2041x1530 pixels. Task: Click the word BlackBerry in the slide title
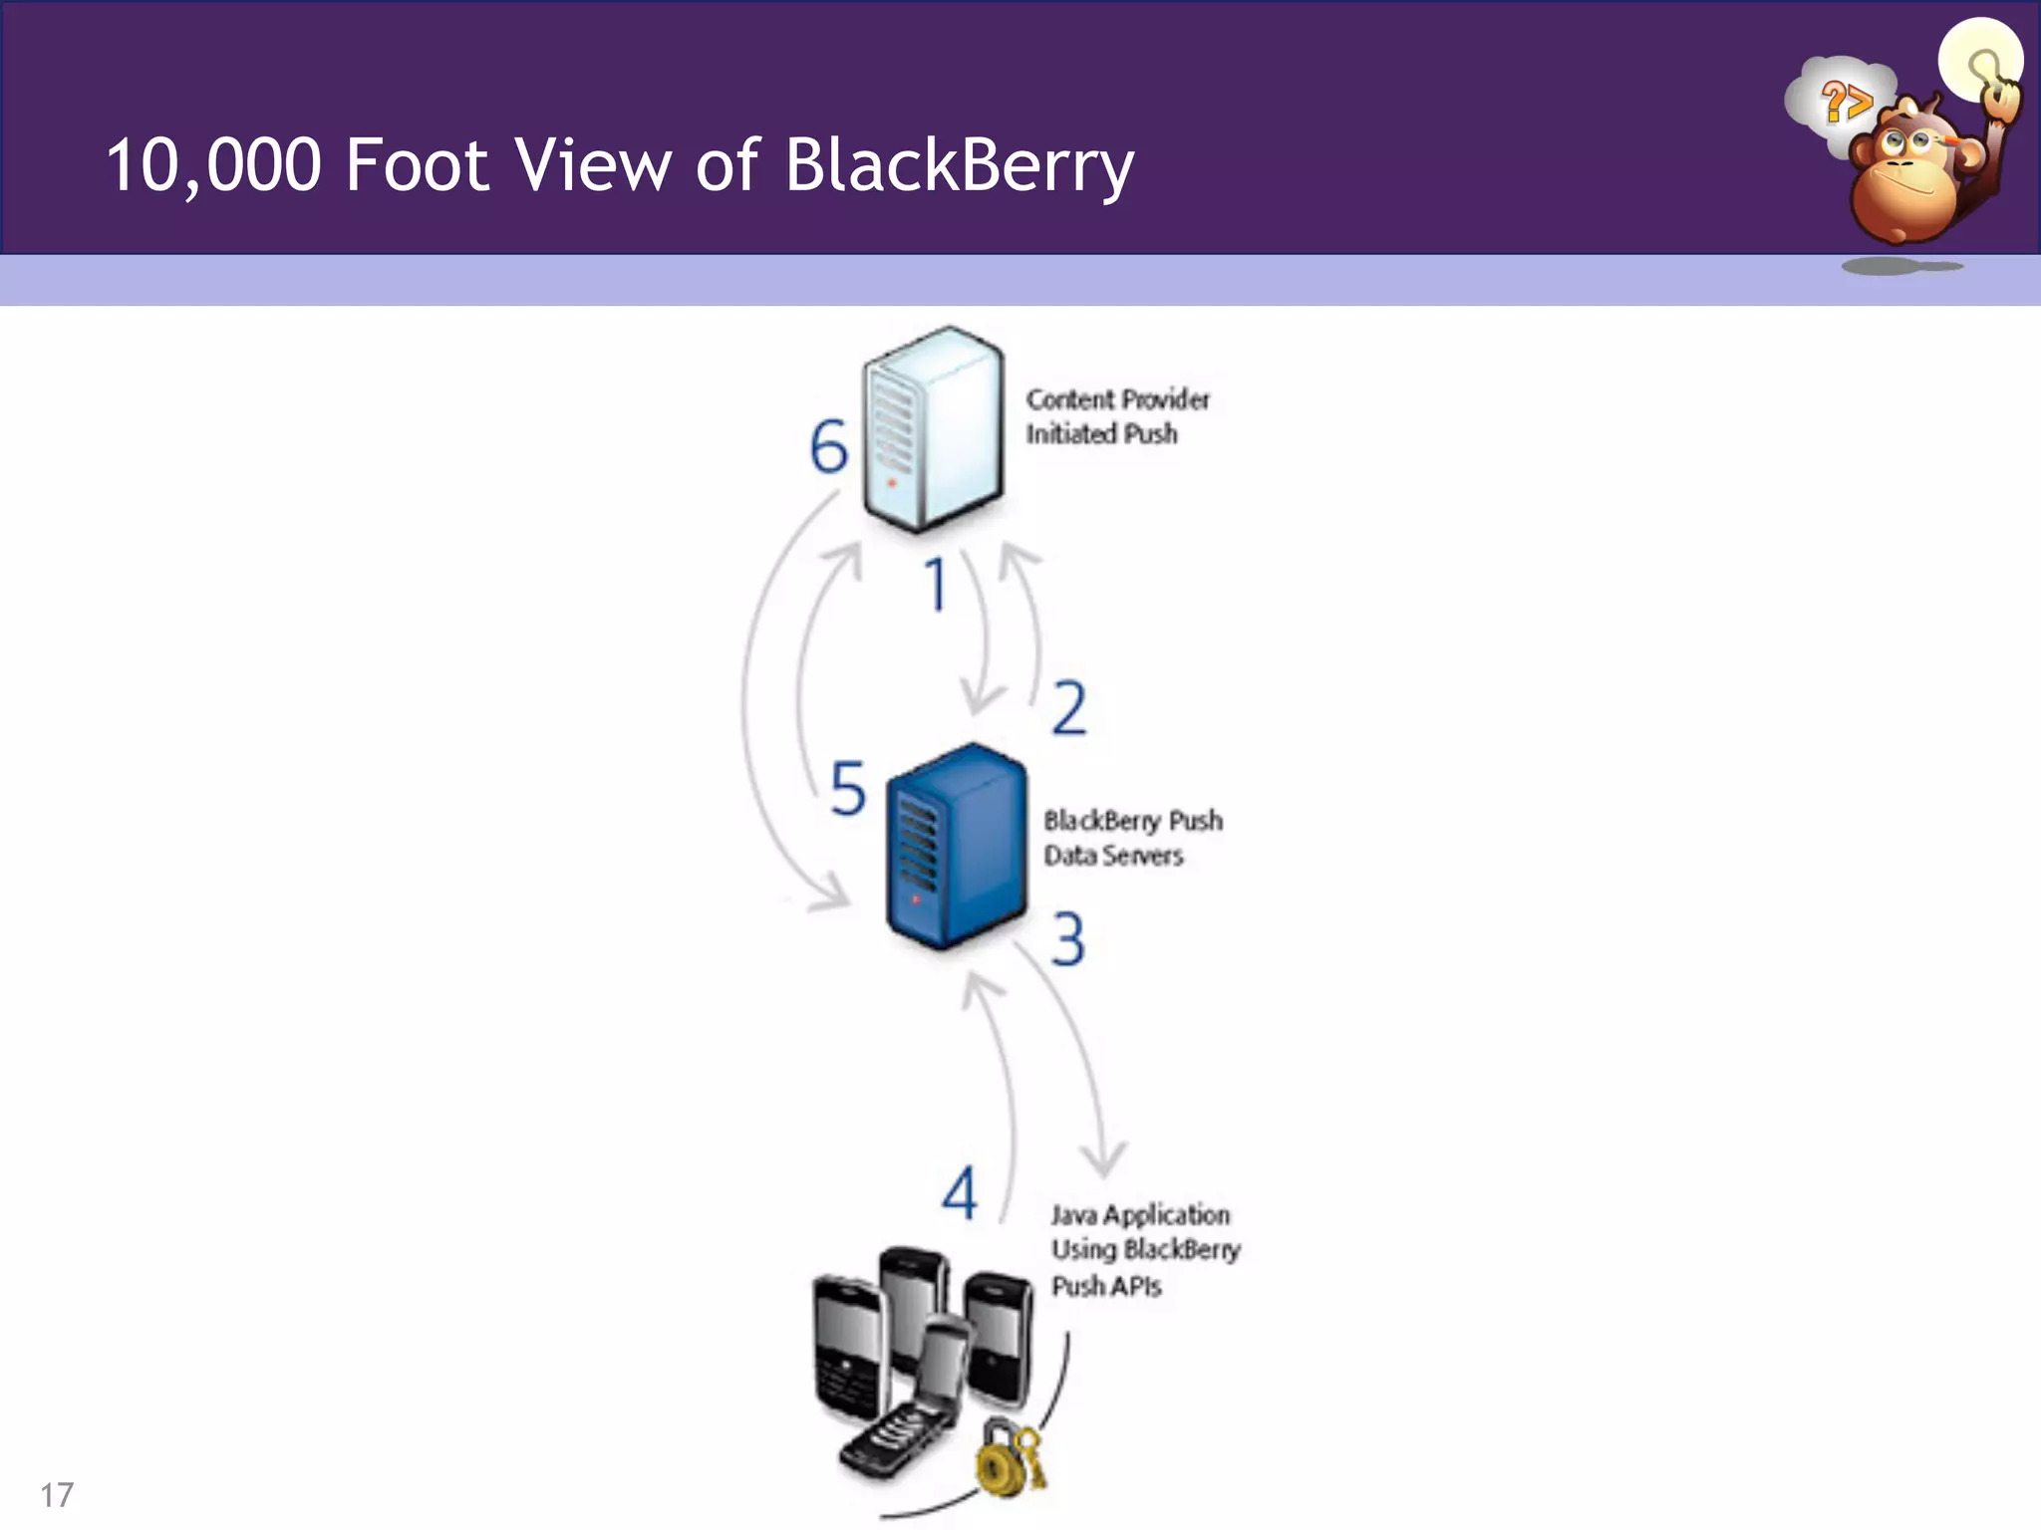[959, 165]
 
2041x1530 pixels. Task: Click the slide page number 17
[57, 1495]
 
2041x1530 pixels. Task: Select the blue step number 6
[828, 446]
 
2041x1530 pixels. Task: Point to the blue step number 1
[935, 585]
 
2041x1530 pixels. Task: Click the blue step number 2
[1068, 708]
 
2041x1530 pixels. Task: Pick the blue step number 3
[1067, 939]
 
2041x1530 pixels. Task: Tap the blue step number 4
[960, 1193]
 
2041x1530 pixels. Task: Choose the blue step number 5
[848, 789]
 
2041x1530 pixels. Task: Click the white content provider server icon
[933, 428]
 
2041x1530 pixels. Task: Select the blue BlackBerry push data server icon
[956, 847]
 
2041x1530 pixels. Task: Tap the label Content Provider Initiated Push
[1116, 416]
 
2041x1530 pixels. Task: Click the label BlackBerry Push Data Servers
[1132, 838]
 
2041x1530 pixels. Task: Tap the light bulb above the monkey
[1979, 60]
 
